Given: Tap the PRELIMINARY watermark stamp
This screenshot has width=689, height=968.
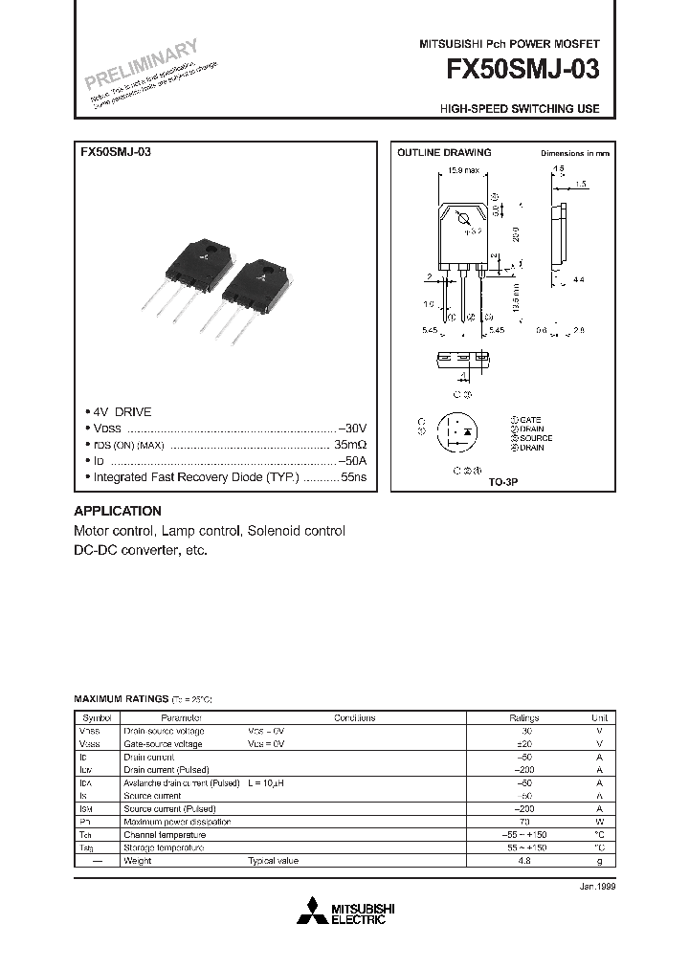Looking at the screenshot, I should pos(140,65).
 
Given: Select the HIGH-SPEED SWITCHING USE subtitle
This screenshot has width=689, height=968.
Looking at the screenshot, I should pos(520,109).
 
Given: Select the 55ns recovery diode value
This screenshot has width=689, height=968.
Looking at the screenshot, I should pos(354,476).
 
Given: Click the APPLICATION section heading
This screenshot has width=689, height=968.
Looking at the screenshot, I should pos(118,511).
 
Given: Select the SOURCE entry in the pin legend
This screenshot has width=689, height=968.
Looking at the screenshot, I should pos(536,438).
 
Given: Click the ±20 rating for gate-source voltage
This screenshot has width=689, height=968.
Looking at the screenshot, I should pos(523,743).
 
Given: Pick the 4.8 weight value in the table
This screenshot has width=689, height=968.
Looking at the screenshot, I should pos(523,861).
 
